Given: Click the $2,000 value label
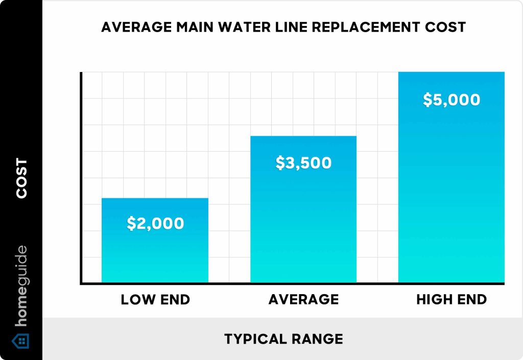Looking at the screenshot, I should [155, 224].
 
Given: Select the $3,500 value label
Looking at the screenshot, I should [303, 163].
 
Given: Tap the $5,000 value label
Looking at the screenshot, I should [451, 100].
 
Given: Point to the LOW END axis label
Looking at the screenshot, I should [155, 300].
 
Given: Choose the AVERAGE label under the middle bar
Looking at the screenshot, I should [303, 300].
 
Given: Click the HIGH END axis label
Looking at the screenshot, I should [451, 300].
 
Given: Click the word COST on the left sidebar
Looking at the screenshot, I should [21, 178].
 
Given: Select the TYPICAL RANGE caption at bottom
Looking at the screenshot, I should [283, 339].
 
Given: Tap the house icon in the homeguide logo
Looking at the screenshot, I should [21, 341].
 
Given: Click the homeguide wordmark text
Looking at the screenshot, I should [21, 286].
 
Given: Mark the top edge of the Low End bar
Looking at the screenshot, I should [155, 198].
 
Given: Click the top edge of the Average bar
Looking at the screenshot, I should [303, 136].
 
